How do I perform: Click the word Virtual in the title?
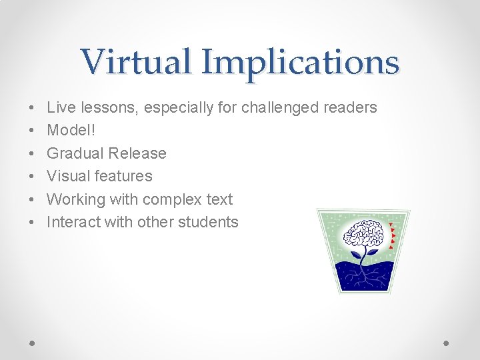(x=137, y=62)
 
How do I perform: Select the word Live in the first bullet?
(x=61, y=107)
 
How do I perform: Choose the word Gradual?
(x=75, y=153)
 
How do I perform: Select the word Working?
(x=75, y=199)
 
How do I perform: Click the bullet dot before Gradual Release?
(x=32, y=153)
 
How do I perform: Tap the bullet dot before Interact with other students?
(x=32, y=223)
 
